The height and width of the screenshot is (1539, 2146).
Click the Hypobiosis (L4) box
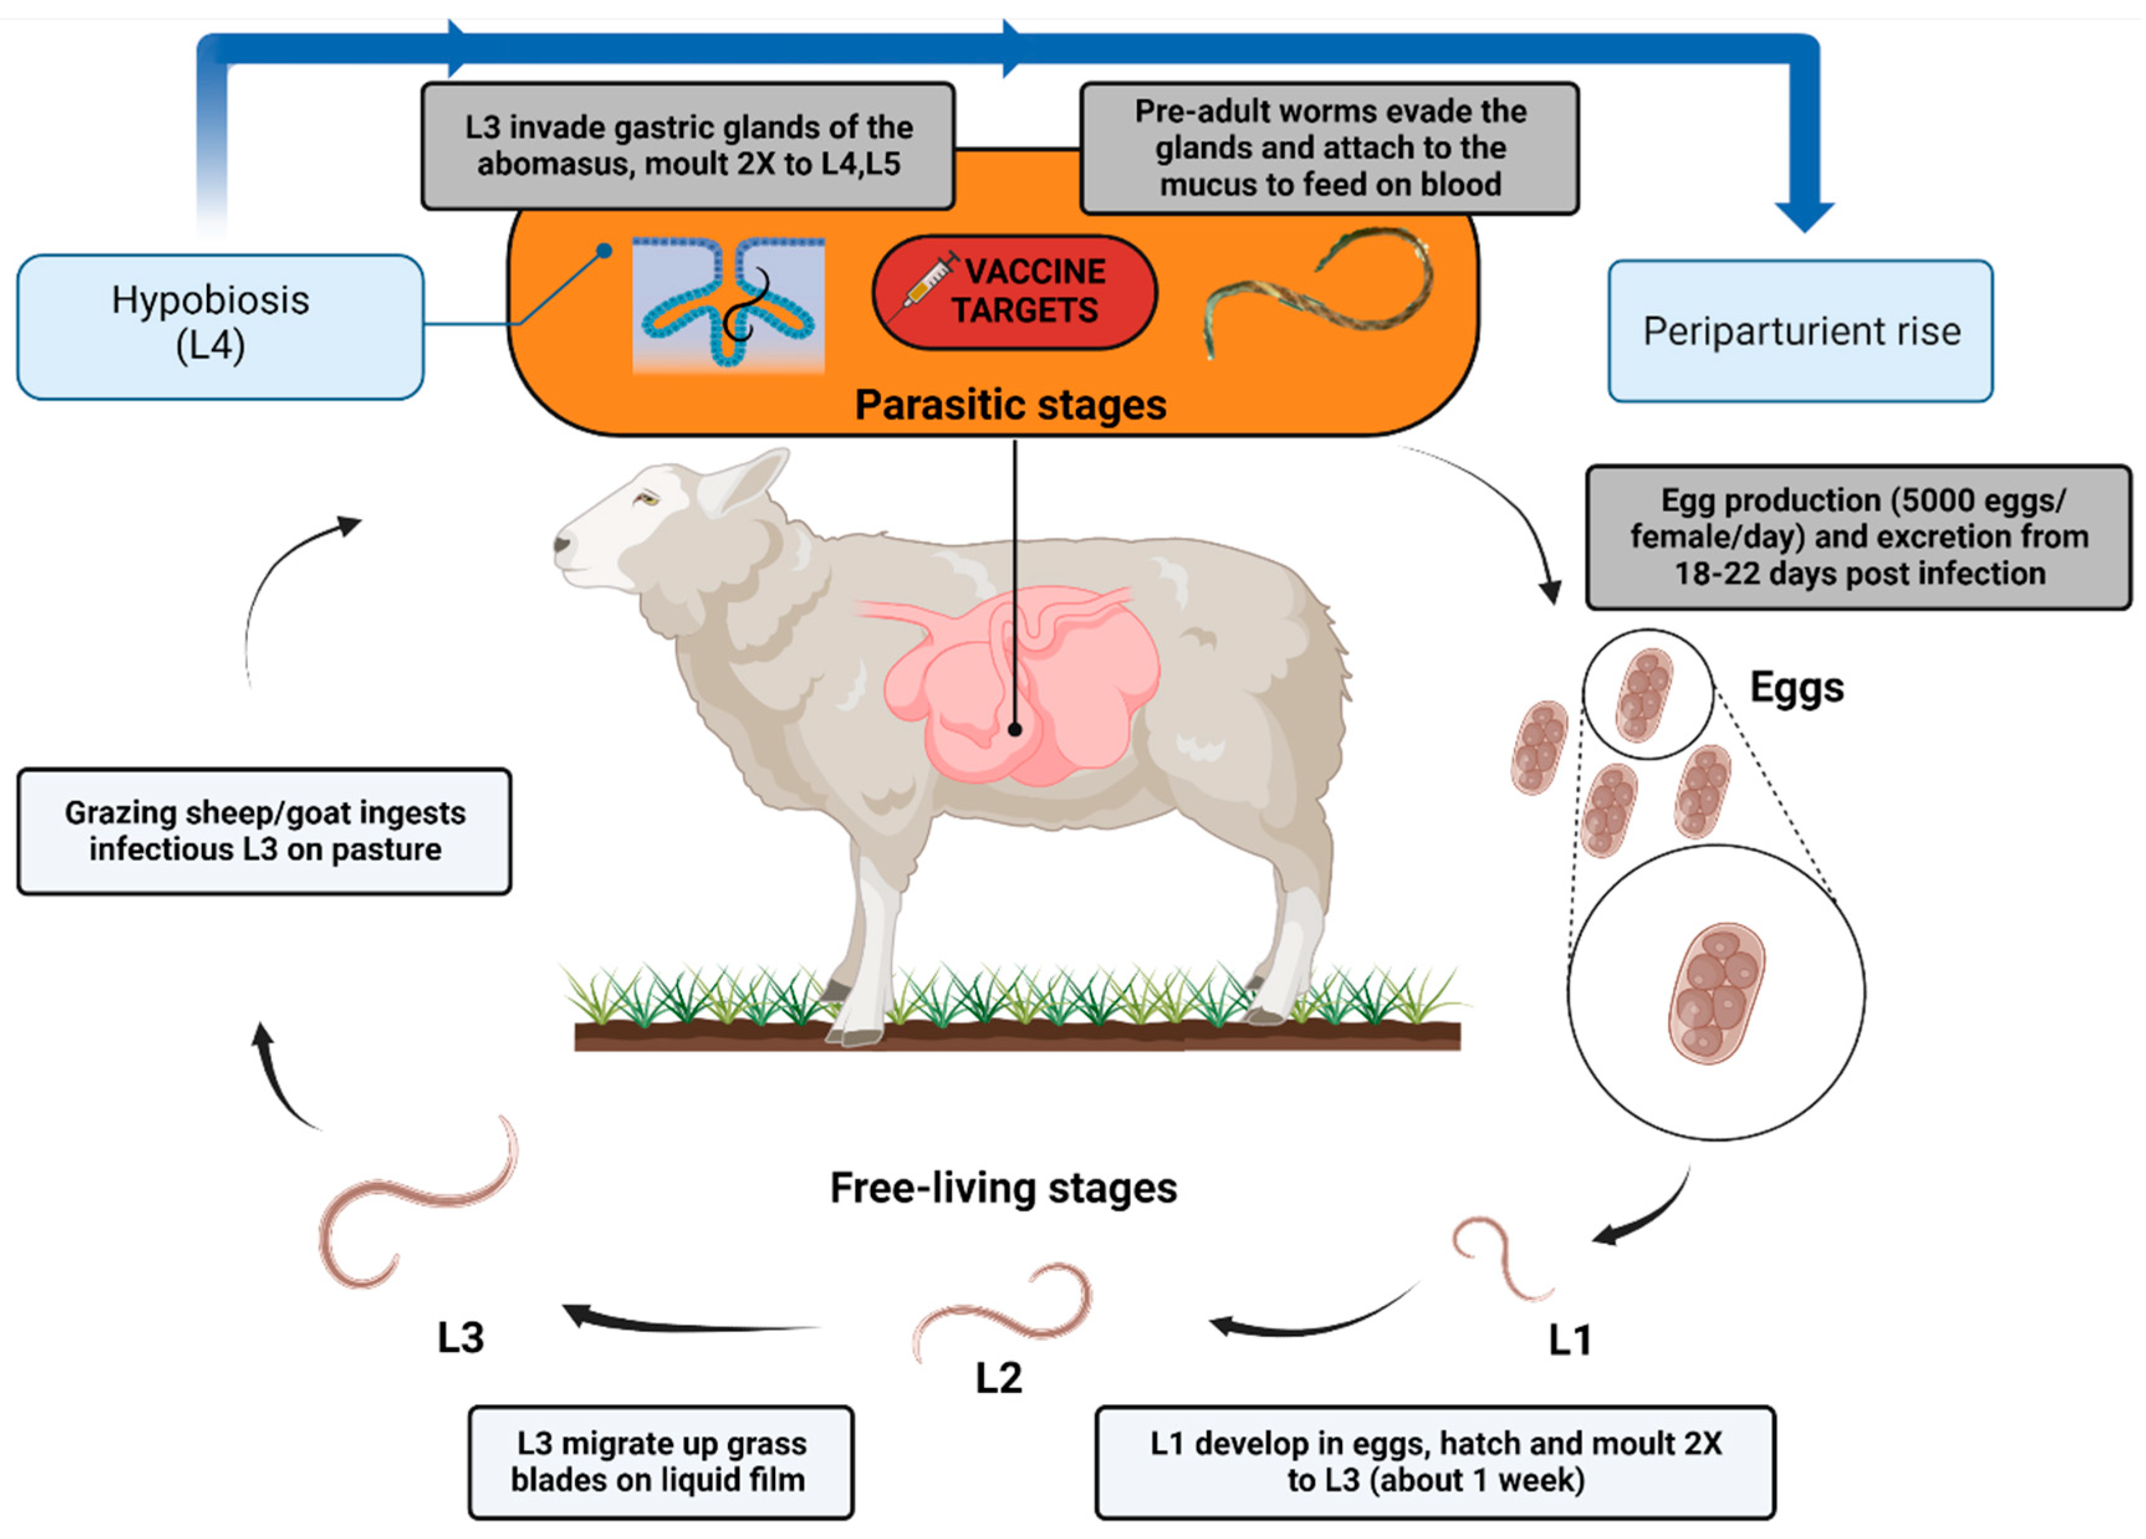coord(219,326)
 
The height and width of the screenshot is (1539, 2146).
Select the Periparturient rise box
coord(1800,331)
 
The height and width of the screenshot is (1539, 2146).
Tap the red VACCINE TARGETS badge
coord(1015,291)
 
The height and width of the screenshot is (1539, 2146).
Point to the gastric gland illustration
coord(727,304)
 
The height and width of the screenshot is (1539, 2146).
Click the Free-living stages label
coord(1003,1188)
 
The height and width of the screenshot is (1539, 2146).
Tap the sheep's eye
coord(647,498)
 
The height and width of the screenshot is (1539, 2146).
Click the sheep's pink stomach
coord(1022,686)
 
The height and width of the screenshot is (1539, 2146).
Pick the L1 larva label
coord(1569,1340)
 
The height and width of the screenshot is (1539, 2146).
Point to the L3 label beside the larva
coord(461,1338)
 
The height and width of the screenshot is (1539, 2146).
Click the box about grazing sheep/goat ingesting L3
coord(264,831)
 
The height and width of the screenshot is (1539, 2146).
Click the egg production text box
coord(1858,536)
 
